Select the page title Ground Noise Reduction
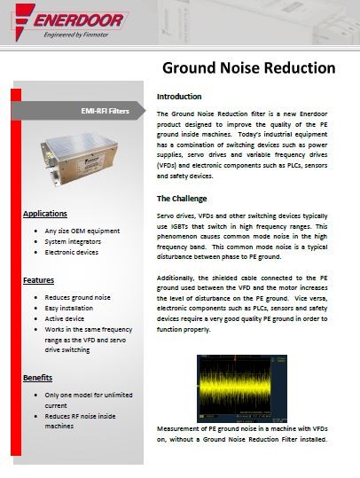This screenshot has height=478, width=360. (x=247, y=68)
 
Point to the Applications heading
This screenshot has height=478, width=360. (x=45, y=214)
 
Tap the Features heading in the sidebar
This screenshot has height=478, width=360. (x=39, y=279)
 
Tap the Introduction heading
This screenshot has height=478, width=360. (x=179, y=96)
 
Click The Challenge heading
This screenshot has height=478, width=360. (x=182, y=198)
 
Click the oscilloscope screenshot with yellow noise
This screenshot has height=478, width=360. (x=241, y=388)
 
